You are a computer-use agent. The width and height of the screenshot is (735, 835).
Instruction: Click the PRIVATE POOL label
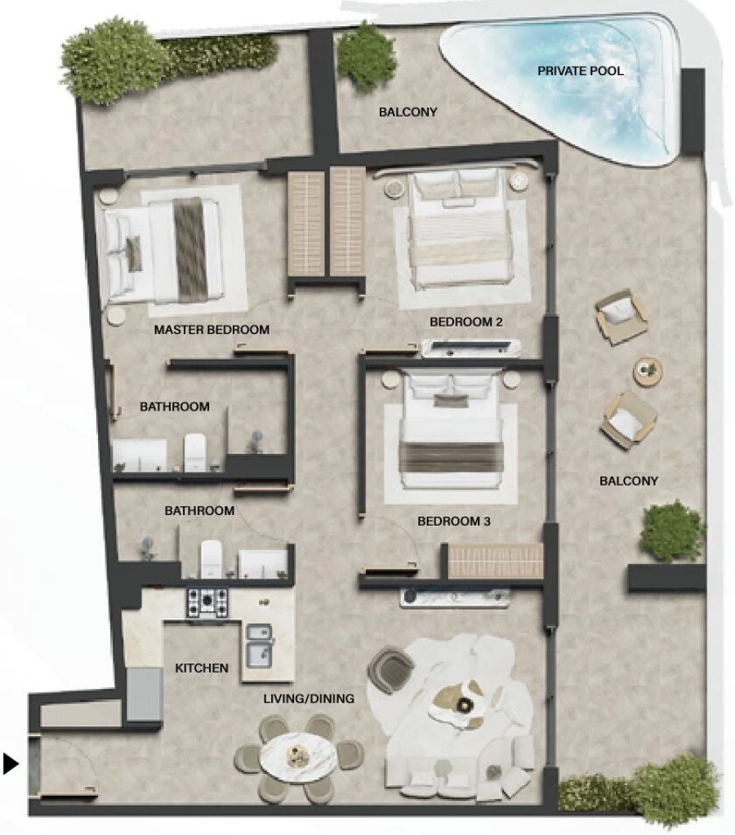[x=580, y=71]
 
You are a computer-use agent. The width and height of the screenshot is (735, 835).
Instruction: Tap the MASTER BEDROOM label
[x=212, y=331]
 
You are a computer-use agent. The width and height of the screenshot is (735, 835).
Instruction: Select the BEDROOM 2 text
[x=465, y=322]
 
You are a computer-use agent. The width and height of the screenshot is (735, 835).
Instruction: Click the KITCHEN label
[x=202, y=668]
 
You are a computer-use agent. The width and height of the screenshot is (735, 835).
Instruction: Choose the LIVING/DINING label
[x=309, y=699]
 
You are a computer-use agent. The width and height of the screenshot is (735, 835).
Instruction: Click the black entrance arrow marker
[x=11, y=764]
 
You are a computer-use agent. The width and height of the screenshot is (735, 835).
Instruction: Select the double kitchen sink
[x=260, y=642]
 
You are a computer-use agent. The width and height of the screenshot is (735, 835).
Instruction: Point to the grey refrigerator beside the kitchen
[x=145, y=694]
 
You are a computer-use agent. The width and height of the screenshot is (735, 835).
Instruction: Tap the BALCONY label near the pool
[x=408, y=112]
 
